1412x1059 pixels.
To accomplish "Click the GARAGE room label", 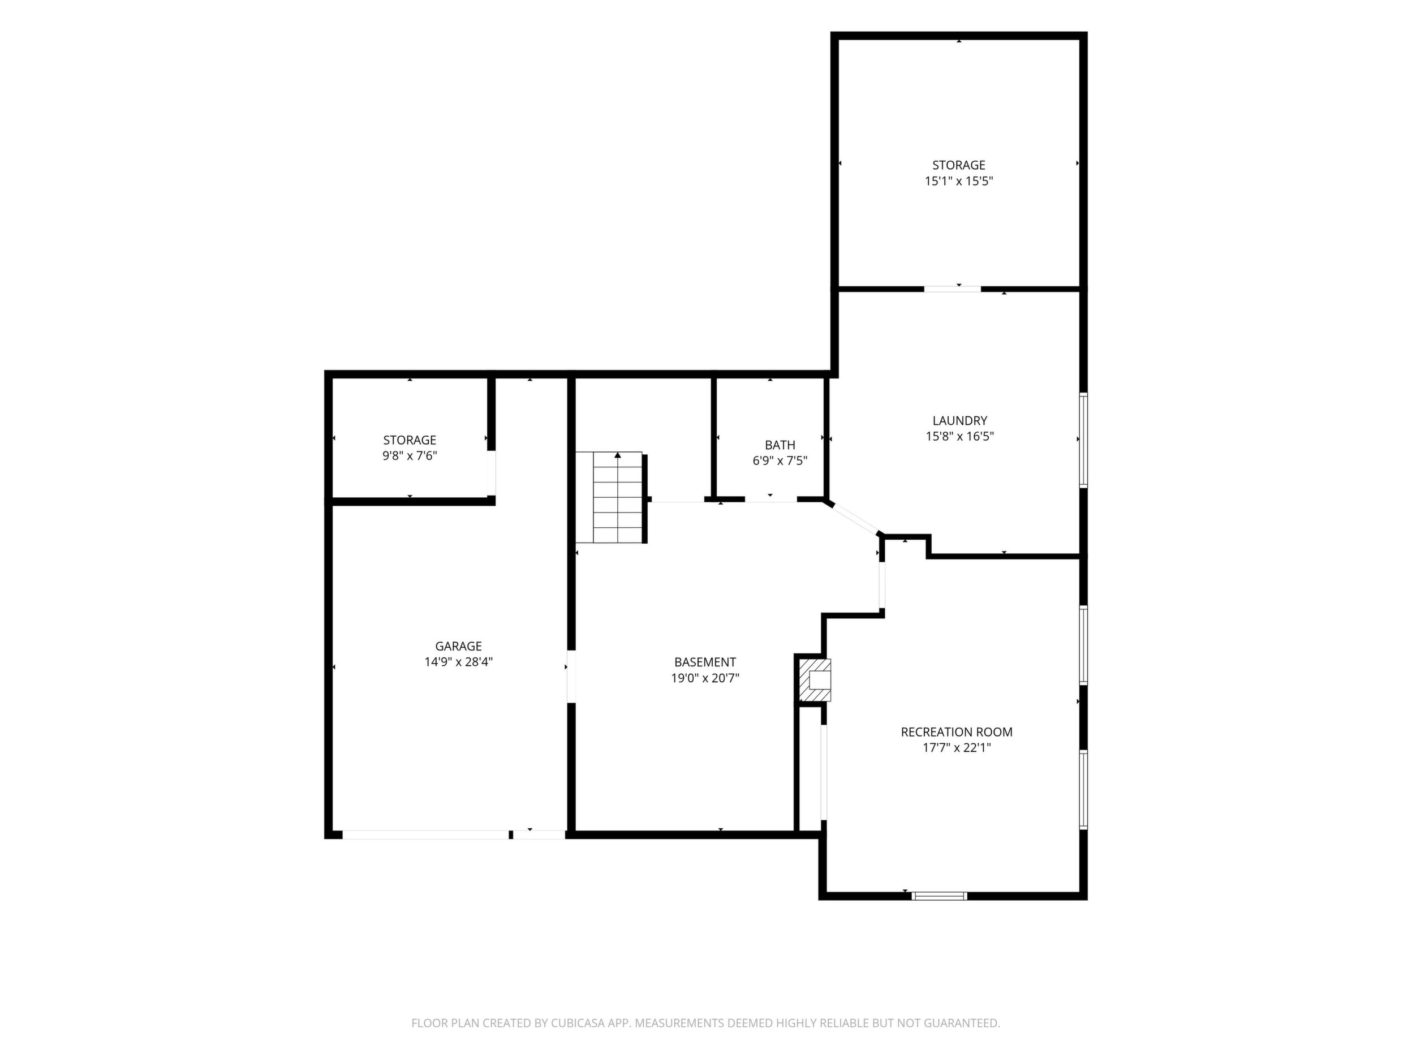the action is point(458,646).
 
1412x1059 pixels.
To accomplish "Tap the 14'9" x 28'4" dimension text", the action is point(458,662).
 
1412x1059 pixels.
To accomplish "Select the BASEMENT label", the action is point(705,662).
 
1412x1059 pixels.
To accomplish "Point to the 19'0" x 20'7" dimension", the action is point(705,678).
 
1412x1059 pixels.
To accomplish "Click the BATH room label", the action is point(780,445).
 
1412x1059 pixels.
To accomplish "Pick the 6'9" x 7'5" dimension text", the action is point(780,460).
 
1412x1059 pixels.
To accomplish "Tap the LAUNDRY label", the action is point(959,421).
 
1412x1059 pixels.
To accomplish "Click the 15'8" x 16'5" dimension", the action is point(959,437).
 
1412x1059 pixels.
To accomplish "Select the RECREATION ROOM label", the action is point(956,732).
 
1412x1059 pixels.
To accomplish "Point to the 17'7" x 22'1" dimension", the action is point(956,747).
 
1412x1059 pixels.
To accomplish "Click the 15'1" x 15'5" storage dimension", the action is point(959,180).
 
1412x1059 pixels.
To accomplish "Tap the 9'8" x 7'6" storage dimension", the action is point(409,456).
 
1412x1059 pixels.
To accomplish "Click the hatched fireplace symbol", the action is point(815,679).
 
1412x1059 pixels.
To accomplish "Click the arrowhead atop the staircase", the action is point(618,455).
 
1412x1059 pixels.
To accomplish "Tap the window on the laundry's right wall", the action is point(1083,441).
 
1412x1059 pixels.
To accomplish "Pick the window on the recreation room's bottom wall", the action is point(940,896).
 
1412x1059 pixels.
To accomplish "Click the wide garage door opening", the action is point(426,834).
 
